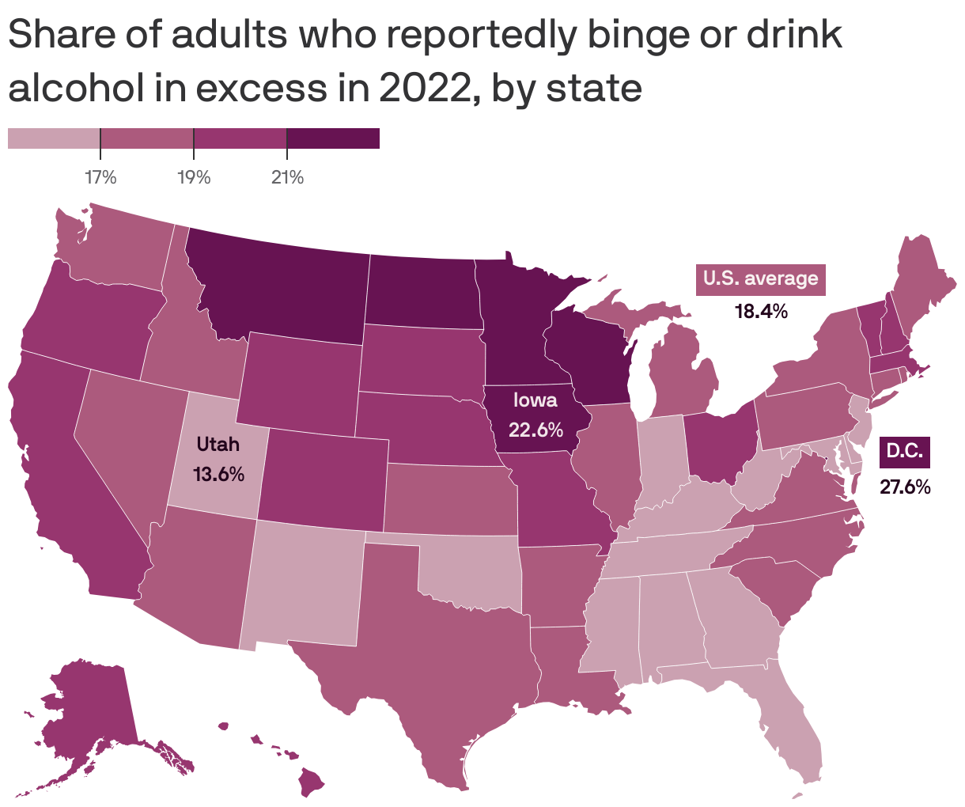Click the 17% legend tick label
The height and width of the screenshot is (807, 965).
(x=100, y=177)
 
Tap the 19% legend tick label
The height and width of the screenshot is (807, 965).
(x=194, y=177)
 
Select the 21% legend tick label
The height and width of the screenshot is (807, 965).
(x=287, y=177)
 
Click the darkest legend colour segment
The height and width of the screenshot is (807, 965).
(x=333, y=138)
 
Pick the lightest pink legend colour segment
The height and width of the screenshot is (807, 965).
(x=54, y=138)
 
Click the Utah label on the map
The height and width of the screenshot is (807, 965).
(x=218, y=444)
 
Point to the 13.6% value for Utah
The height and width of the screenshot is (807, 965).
(x=218, y=475)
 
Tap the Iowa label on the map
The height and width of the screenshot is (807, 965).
(x=535, y=400)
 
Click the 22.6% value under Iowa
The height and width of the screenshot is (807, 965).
(x=535, y=430)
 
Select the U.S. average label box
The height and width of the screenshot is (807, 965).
(x=760, y=278)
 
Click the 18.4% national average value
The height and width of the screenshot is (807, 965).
(x=761, y=311)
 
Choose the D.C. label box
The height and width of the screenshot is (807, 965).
(x=905, y=451)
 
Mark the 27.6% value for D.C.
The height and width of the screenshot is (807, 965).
(x=905, y=486)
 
